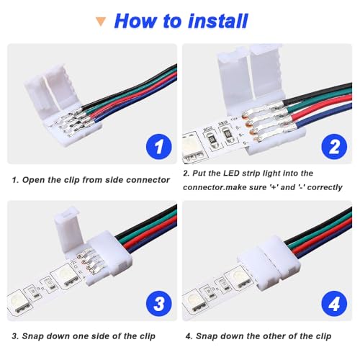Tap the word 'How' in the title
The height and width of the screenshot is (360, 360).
138,20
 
